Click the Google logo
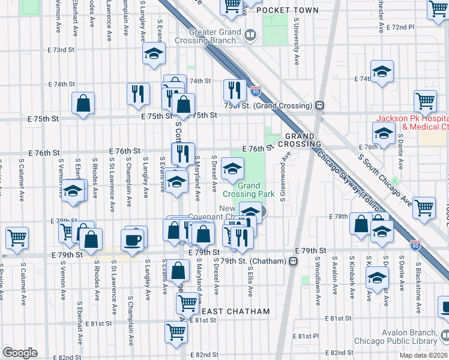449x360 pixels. pyautogui.click(x=20, y=353)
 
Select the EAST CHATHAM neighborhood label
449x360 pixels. pyautogui.click(x=235, y=311)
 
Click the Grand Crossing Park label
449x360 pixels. pyautogui.click(x=249, y=190)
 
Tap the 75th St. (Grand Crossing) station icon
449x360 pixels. pyautogui.click(x=320, y=105)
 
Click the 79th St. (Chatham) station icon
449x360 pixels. pyautogui.click(x=293, y=261)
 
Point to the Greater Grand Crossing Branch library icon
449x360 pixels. pyautogui.click(x=249, y=37)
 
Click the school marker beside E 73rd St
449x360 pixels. pyautogui.click(x=154, y=53)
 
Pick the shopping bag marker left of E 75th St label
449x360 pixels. pyautogui.click(x=83, y=103)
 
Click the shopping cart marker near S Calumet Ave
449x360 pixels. pyautogui.click(x=17, y=237)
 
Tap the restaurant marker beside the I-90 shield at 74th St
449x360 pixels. pyautogui.click(x=234, y=90)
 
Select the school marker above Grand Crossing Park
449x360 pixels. pyautogui.click(x=232, y=169)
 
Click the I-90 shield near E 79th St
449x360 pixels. pyautogui.click(x=415, y=244)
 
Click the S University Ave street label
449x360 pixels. pyautogui.click(x=296, y=41)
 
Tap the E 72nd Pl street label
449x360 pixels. pyautogui.click(x=400, y=28)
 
